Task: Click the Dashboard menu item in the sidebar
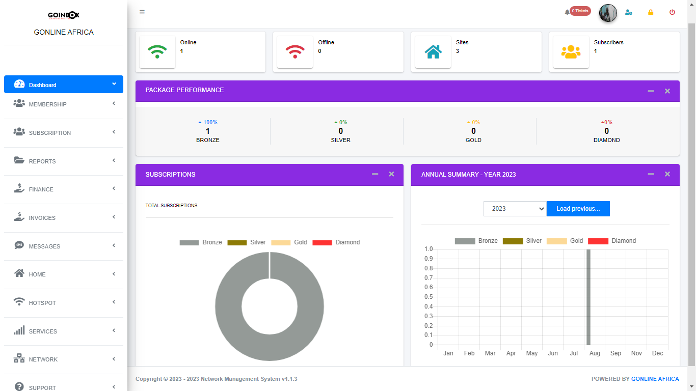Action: (43, 85)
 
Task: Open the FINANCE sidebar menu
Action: (41, 189)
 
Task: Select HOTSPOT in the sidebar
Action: (42, 303)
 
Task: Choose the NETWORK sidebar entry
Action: (43, 359)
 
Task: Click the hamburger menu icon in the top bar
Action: (142, 12)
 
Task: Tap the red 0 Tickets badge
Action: (580, 11)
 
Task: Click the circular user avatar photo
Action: (608, 13)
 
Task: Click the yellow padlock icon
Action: (651, 12)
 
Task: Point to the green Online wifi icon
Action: (157, 51)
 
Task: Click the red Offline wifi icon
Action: (295, 51)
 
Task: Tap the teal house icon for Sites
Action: (433, 51)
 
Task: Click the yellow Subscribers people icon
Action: (571, 51)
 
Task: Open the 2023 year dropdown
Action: (515, 209)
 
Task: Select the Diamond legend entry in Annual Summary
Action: (612, 241)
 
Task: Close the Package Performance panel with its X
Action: (667, 91)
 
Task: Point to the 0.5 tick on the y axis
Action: (428, 297)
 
